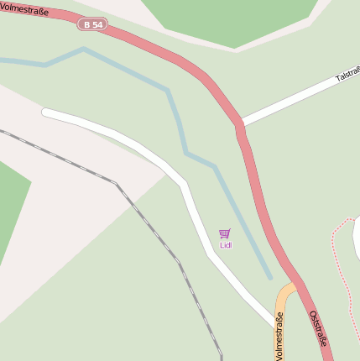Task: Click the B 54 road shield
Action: click(x=95, y=25)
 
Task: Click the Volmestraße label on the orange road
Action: click(x=279, y=335)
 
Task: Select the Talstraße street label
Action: click(x=347, y=76)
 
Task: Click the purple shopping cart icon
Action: click(x=224, y=233)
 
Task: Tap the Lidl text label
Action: click(x=225, y=245)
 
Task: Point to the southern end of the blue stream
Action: click(x=269, y=276)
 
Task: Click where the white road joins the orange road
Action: click(x=274, y=321)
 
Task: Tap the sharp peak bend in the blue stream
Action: click(x=83, y=49)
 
